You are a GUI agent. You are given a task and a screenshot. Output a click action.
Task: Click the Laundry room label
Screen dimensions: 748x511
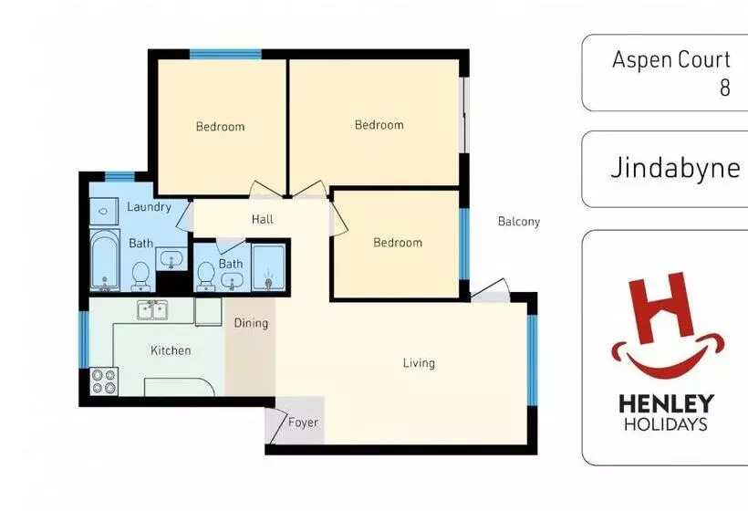[149, 206]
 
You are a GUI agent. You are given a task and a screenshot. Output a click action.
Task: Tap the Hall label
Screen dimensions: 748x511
[263, 219]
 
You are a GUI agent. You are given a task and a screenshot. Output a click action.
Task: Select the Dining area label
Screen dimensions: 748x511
[251, 323]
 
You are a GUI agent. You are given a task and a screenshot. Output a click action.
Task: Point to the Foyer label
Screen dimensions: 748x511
[303, 422]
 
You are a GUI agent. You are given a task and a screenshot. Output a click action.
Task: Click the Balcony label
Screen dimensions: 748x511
[519, 222]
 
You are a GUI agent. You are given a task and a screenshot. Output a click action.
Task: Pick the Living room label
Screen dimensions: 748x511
[419, 363]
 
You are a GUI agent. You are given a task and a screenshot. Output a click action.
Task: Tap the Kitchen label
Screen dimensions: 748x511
[171, 350]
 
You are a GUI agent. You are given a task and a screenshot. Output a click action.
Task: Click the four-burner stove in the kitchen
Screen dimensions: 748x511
[105, 381]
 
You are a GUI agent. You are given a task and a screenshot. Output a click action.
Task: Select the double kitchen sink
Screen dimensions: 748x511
[152, 309]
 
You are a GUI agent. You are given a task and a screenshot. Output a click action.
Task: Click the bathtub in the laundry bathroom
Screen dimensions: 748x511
[105, 260]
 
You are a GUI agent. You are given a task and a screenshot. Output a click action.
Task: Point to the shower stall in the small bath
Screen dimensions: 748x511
[268, 267]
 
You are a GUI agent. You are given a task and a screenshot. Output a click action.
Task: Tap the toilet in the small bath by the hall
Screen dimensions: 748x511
[206, 276]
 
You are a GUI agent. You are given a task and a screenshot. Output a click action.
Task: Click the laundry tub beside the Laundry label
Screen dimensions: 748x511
[104, 211]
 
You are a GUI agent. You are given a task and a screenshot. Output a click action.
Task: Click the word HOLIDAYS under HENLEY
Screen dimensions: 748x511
[666, 424]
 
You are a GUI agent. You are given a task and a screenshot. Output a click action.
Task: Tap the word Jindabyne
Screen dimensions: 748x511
[676, 169]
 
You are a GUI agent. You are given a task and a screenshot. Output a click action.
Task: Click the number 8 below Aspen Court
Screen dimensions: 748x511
[725, 88]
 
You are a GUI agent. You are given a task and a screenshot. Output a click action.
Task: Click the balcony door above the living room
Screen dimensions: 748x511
[490, 290]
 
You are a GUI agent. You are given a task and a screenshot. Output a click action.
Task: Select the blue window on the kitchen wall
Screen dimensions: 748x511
[84, 339]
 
